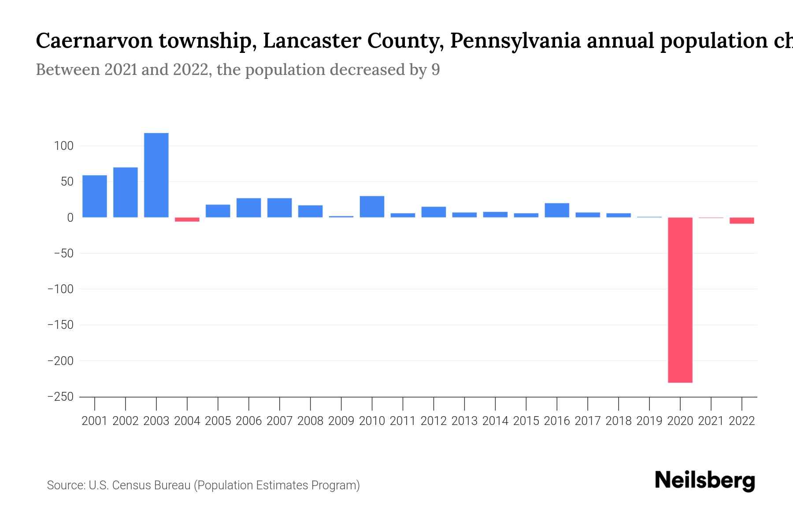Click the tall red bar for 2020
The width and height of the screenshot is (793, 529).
pos(680,300)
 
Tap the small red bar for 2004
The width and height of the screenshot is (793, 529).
pos(187,220)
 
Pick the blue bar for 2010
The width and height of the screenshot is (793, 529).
pos(372,207)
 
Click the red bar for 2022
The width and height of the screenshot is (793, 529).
pos(741,220)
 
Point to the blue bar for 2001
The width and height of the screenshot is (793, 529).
pos(94,196)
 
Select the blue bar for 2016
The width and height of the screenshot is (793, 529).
pos(557,210)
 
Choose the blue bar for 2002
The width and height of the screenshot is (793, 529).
pos(125,192)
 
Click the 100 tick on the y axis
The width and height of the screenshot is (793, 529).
pos(63,146)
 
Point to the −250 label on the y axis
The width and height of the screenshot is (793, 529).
pos(60,397)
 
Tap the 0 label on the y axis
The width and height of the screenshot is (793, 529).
pos(70,218)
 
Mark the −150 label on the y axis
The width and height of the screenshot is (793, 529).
pos(60,325)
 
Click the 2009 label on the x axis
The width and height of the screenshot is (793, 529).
pos(341,421)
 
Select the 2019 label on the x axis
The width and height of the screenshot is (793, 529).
pos(649,421)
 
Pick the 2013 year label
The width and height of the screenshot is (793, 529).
pos(464,421)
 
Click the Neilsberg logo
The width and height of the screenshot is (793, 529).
pos(705,481)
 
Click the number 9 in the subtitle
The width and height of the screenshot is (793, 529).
pos(435,70)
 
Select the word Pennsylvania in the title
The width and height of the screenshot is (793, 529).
pos(515,41)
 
